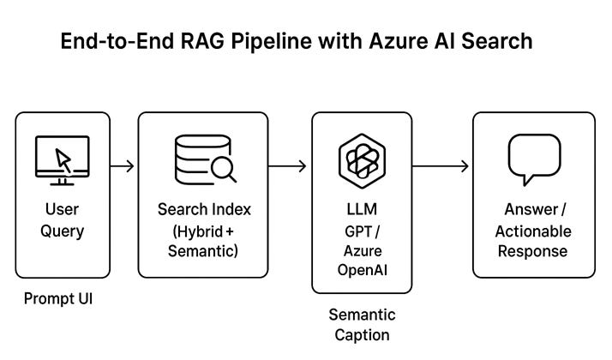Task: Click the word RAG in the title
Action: [202, 41]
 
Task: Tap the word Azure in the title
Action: [398, 41]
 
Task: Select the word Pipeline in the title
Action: [271, 42]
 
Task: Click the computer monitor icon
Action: [62, 160]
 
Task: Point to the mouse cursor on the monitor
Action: [63, 160]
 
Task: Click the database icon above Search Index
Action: [206, 159]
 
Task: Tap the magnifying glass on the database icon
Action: [224, 171]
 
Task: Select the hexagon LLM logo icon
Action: [363, 161]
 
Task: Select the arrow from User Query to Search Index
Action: [123, 166]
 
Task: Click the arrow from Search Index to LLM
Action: [287, 166]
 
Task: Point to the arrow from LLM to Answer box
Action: [441, 166]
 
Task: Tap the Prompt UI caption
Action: [58, 298]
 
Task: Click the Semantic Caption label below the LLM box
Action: [363, 325]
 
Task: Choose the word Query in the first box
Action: [62, 231]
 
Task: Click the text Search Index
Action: [204, 210]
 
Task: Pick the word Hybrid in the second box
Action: [200, 231]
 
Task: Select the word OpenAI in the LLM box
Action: [363, 270]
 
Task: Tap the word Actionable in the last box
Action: [533, 231]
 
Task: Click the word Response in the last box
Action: [533, 251]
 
